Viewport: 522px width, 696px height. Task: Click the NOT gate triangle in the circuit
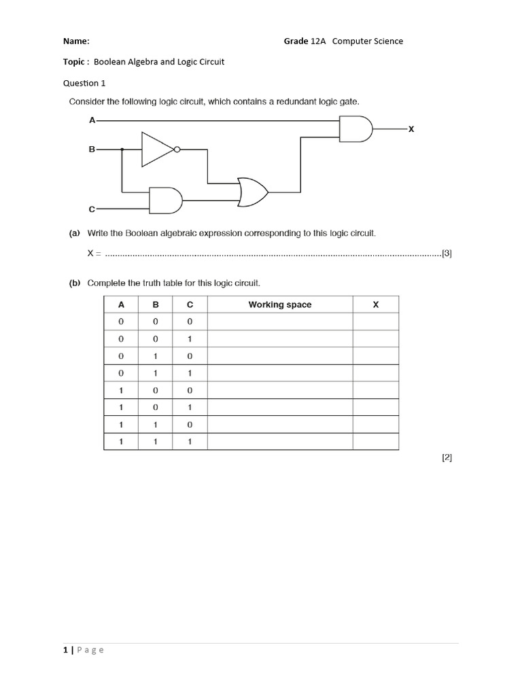click(x=156, y=150)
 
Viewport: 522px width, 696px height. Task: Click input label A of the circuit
click(x=92, y=120)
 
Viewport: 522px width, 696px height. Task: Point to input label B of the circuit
click(x=92, y=149)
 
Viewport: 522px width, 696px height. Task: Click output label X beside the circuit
click(x=411, y=128)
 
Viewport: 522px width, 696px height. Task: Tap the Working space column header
click(x=279, y=304)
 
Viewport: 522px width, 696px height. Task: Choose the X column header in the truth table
click(x=375, y=304)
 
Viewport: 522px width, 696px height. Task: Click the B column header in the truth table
click(x=155, y=304)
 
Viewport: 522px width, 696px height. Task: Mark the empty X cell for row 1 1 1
click(x=375, y=442)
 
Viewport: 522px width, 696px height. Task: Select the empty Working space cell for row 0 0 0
click(x=279, y=321)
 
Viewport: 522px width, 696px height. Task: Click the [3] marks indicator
click(x=447, y=254)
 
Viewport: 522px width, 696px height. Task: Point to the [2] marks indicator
click(x=447, y=457)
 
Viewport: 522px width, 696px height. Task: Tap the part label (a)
click(x=75, y=233)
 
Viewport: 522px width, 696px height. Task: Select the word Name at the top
click(x=76, y=41)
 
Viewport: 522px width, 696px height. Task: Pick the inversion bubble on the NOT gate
click(x=177, y=150)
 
